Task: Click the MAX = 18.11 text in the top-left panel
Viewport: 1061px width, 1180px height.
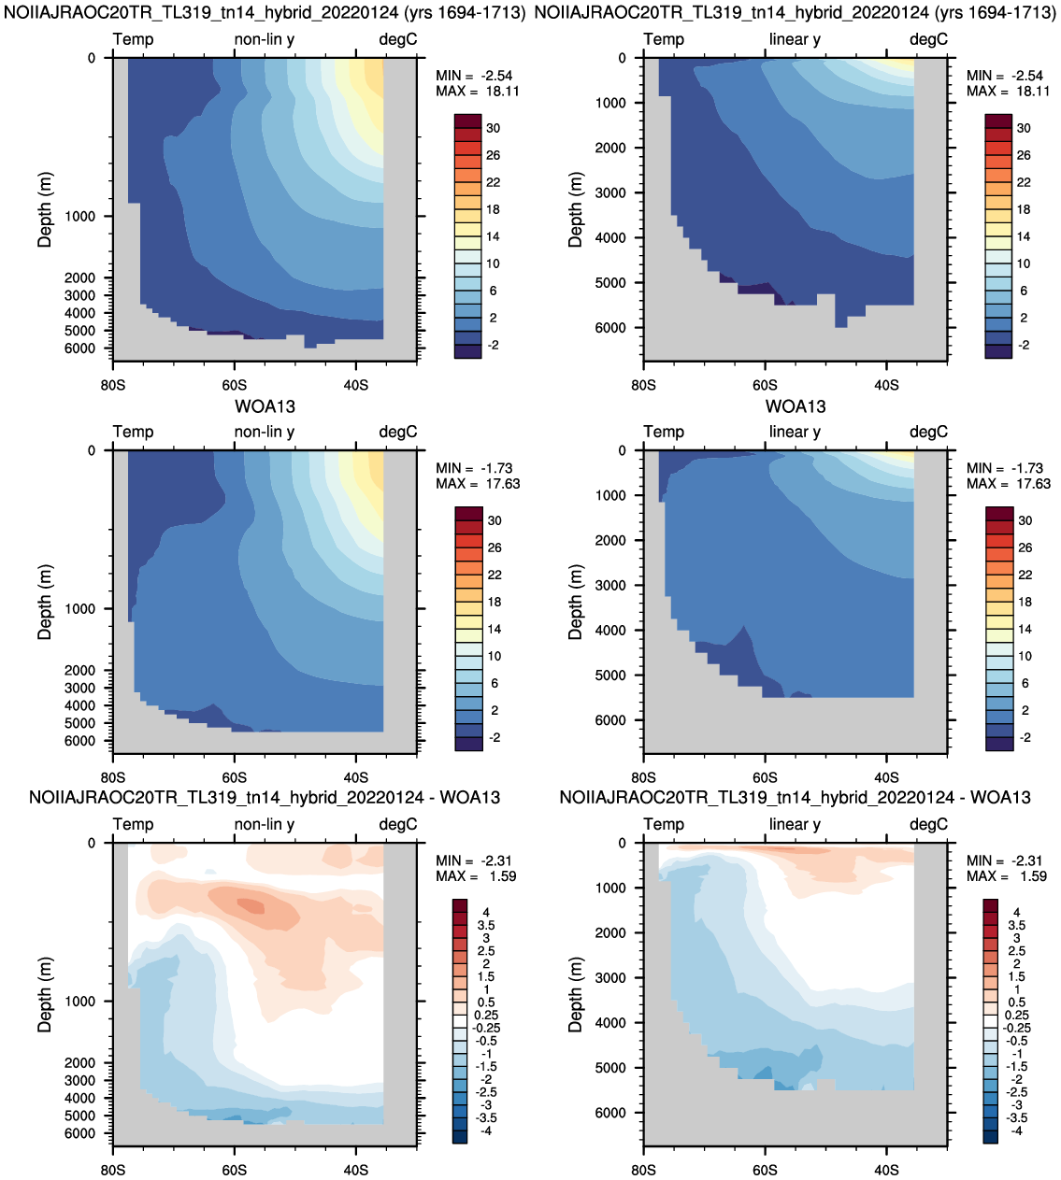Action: point(477,92)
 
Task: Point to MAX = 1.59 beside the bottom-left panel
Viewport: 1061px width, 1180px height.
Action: point(476,876)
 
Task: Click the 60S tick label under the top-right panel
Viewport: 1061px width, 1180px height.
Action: point(765,385)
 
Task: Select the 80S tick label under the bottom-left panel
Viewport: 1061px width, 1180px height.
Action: point(113,1170)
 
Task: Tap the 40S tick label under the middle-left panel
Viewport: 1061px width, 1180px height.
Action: point(355,777)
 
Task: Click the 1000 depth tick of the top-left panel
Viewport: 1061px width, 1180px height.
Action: point(79,217)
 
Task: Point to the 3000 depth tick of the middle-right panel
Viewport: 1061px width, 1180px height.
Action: point(610,585)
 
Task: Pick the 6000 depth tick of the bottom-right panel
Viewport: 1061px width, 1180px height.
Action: point(610,1113)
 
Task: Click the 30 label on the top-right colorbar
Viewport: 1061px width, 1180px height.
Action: point(1024,128)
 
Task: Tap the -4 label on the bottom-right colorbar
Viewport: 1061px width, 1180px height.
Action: point(1016,1130)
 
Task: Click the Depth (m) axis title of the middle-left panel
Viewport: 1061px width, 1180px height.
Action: point(45,602)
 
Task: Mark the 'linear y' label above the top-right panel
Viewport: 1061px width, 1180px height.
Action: point(795,39)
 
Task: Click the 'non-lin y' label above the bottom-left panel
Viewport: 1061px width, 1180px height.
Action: point(265,825)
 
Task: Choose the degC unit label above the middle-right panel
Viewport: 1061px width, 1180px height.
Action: point(928,432)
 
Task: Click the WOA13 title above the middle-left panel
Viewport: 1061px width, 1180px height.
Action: point(265,405)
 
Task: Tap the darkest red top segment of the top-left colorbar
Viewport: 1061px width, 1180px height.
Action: point(468,121)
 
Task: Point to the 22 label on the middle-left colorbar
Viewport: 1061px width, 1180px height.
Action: point(494,575)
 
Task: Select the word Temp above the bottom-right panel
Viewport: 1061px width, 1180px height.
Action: point(664,825)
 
